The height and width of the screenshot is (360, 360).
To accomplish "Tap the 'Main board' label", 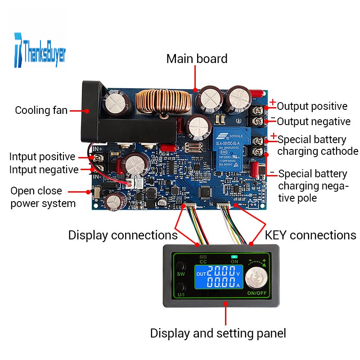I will pyautogui.click(x=197, y=59).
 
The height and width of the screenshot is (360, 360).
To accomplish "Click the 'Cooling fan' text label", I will pyautogui.click(x=41, y=110).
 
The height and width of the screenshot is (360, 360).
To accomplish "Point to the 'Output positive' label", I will pyautogui.click(x=312, y=107).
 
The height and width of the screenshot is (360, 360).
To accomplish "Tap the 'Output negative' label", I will pyautogui.click(x=313, y=121).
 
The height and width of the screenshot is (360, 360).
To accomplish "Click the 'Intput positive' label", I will pyautogui.click(x=42, y=157).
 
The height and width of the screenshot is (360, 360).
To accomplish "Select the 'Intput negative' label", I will pyautogui.click(x=44, y=170).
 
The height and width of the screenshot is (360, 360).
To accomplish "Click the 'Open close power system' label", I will pyautogui.click(x=43, y=197).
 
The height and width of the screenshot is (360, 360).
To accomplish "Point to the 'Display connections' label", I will pyautogui.click(x=123, y=235).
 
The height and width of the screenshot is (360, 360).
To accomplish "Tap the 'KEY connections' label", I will pyautogui.click(x=310, y=235).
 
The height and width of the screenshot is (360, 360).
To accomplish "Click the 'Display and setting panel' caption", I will pyautogui.click(x=218, y=333).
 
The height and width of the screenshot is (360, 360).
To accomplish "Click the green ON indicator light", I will pyautogui.click(x=234, y=256).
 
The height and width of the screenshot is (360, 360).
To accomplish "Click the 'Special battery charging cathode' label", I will pyautogui.click(x=318, y=145).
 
